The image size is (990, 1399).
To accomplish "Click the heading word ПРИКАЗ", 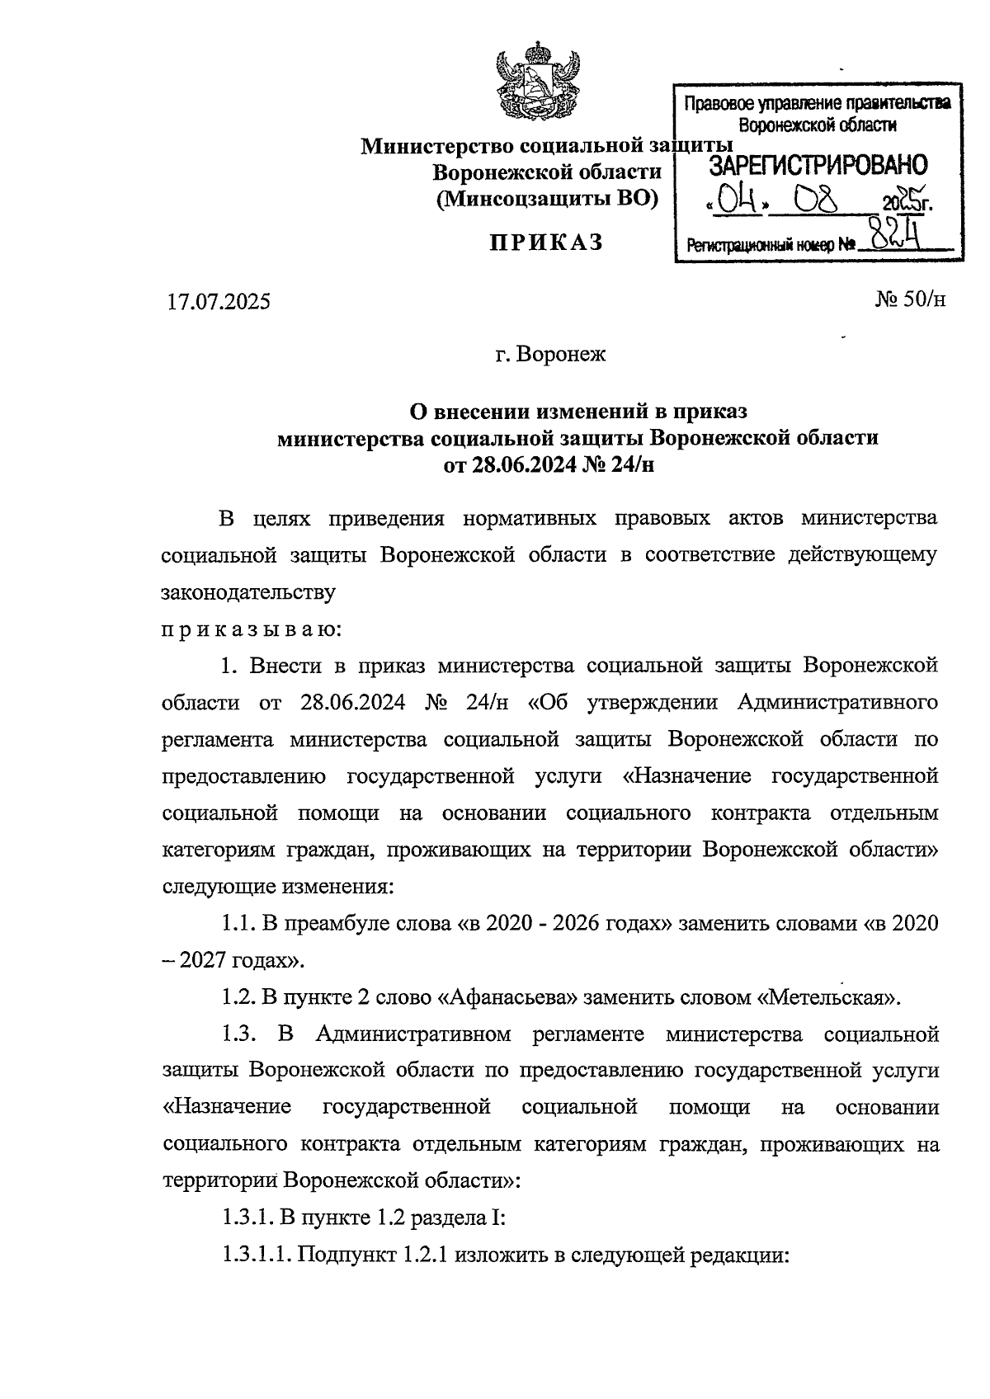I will (547, 243).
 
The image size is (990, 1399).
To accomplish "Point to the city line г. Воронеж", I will (550, 355).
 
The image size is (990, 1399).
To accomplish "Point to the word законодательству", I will (248, 592).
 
